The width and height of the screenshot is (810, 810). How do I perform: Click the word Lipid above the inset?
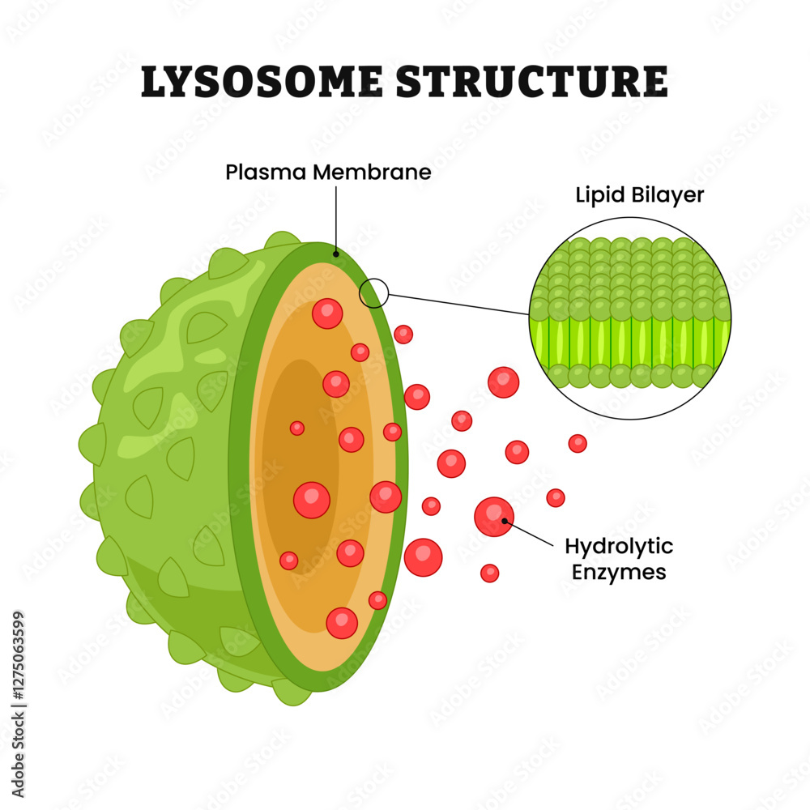point(598,195)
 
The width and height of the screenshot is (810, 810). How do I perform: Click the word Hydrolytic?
point(619,547)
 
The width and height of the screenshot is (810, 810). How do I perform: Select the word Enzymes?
point(616,573)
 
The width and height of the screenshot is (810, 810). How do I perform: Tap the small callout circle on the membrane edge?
point(373,292)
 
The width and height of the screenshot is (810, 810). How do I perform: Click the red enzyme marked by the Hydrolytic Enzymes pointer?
point(493,517)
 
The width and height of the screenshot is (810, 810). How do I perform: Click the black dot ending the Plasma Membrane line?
point(335,254)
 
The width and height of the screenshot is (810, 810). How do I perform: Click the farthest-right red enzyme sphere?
point(578,443)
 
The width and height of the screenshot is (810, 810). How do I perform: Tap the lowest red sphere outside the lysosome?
point(489,573)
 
